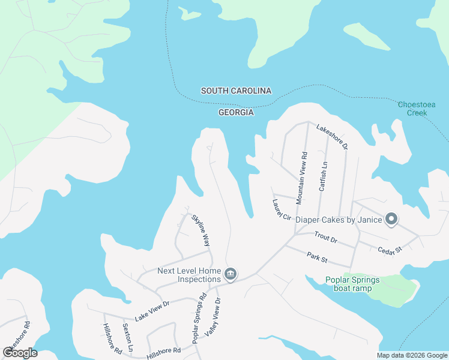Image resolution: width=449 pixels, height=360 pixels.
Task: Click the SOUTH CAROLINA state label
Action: click(x=236, y=91)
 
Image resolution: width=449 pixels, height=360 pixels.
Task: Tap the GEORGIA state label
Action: click(x=236, y=112)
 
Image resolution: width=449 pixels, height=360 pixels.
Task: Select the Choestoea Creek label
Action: click(x=413, y=109)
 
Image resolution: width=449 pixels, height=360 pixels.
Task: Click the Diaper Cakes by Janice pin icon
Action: click(x=391, y=219)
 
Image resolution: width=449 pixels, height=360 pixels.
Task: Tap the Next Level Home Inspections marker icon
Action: click(x=230, y=275)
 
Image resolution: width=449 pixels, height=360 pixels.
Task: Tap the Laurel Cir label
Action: click(x=282, y=209)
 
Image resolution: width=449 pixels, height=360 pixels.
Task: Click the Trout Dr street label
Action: click(x=326, y=238)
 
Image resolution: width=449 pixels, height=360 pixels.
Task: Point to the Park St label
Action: click(x=316, y=258)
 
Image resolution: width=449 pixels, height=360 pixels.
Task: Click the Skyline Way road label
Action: click(x=201, y=230)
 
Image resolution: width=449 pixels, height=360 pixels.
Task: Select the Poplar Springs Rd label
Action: click(x=199, y=319)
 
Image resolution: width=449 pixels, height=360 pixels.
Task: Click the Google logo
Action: click(x=20, y=352)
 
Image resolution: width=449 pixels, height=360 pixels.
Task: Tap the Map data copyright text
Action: click(x=412, y=355)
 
